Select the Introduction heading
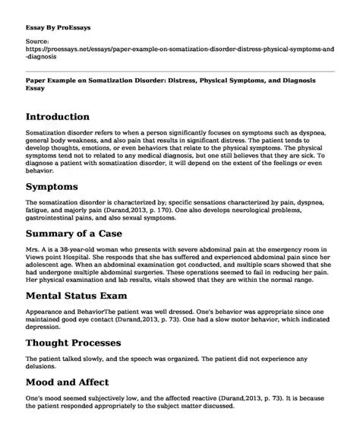(69, 118)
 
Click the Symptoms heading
(62, 186)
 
